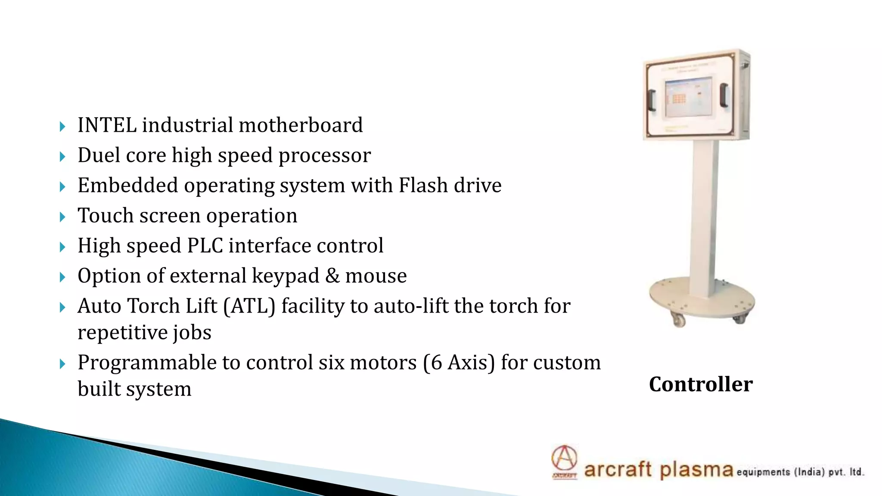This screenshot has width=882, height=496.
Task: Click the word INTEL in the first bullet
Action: [x=107, y=125]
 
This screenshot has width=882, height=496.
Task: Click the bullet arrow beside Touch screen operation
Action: [x=62, y=217]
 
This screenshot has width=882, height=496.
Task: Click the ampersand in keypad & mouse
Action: [x=332, y=276]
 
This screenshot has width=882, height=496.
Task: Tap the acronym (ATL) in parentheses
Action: [x=249, y=307]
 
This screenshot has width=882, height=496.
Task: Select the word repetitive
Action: [x=122, y=333]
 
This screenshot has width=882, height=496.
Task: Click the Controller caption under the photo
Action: [x=701, y=384]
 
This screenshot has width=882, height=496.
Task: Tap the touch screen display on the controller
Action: [x=688, y=98]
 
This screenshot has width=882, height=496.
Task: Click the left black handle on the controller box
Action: [x=652, y=100]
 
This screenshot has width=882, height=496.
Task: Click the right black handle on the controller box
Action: [x=724, y=95]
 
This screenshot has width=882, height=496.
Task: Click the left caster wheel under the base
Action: [x=679, y=320]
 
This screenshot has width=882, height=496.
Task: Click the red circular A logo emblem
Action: [x=564, y=458]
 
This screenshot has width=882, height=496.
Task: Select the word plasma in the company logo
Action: [x=696, y=469]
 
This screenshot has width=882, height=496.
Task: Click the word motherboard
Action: [x=301, y=125]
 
